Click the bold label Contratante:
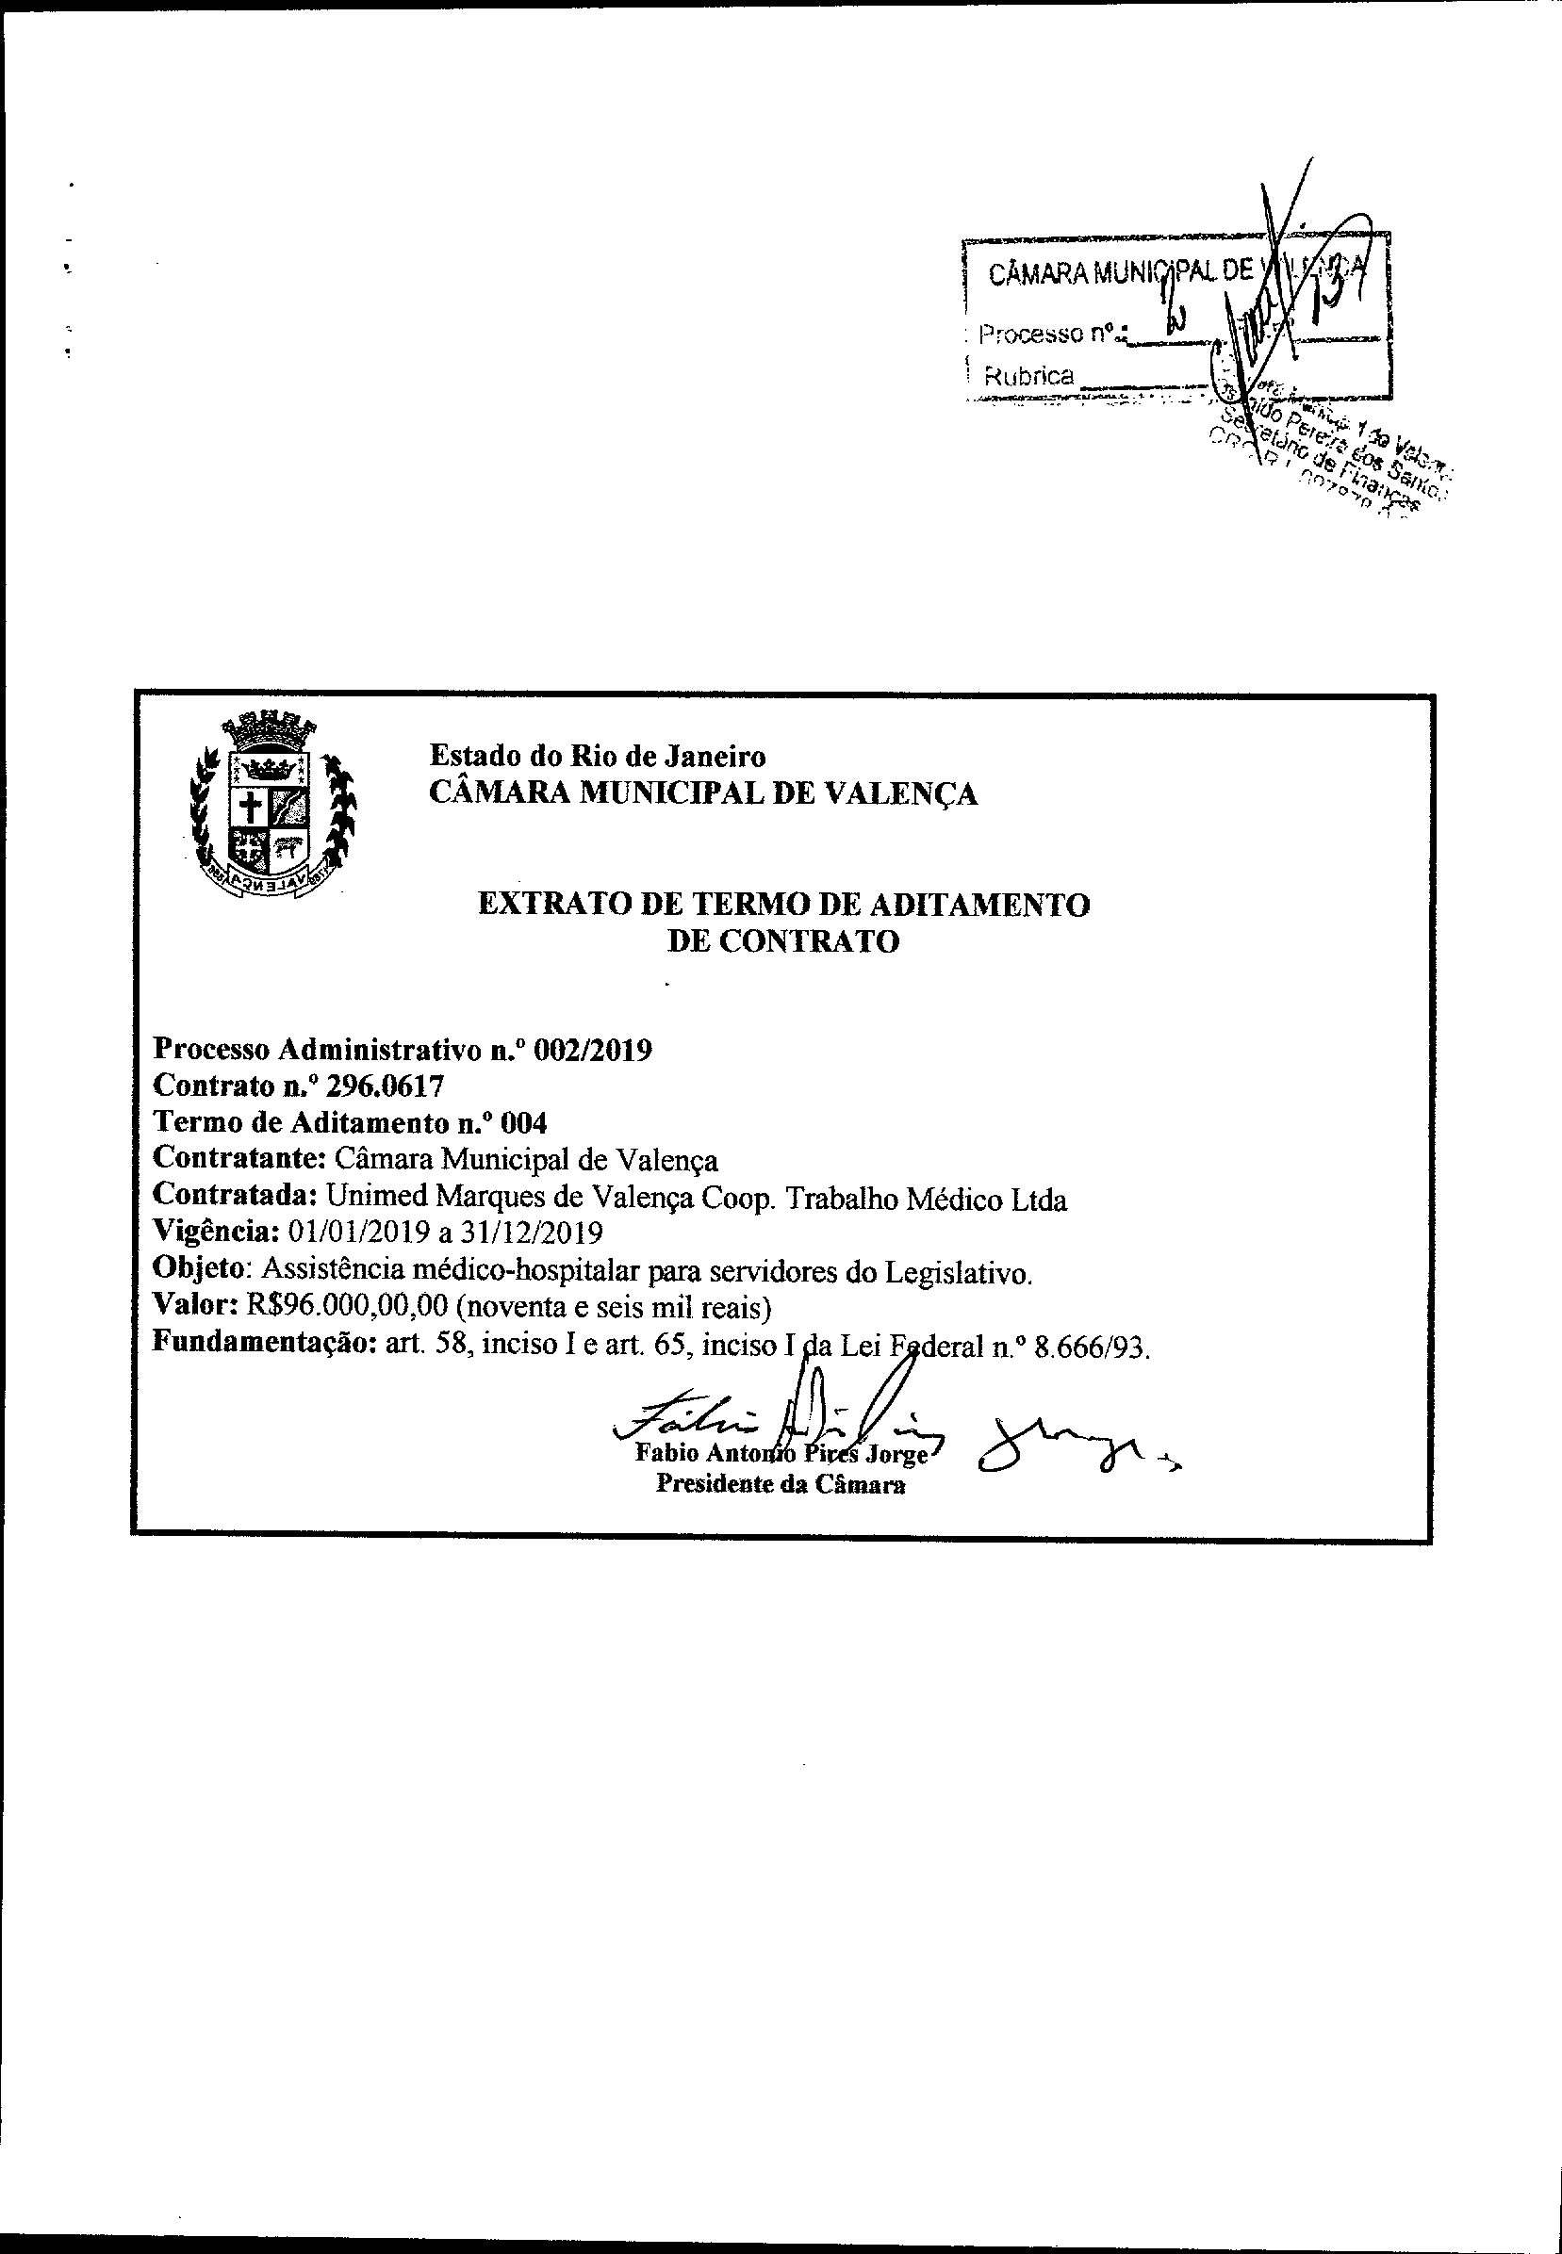click(239, 1159)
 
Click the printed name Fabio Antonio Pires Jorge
click(781, 1453)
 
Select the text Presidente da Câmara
click(780, 1485)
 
